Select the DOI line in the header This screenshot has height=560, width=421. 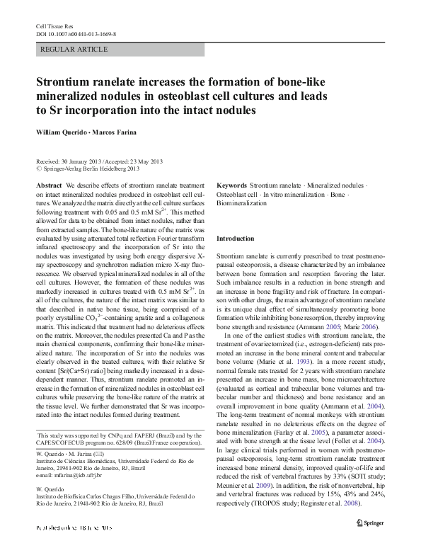coord(76,34)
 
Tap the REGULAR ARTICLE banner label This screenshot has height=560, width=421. coord(75,50)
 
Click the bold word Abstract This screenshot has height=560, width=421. coord(49,184)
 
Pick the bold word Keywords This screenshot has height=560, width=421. coord(231,184)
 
